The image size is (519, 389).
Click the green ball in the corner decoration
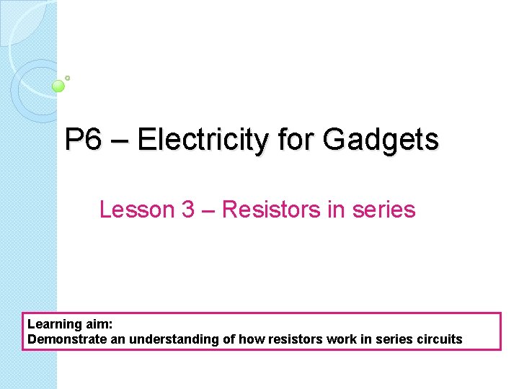59,86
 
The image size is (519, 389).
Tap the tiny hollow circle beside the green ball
67,78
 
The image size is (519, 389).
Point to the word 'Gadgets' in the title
381,139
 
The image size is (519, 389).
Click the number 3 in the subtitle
188,210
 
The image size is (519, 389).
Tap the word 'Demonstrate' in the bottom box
61,339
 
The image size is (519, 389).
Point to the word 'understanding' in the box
156,339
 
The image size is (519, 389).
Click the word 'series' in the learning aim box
386,339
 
